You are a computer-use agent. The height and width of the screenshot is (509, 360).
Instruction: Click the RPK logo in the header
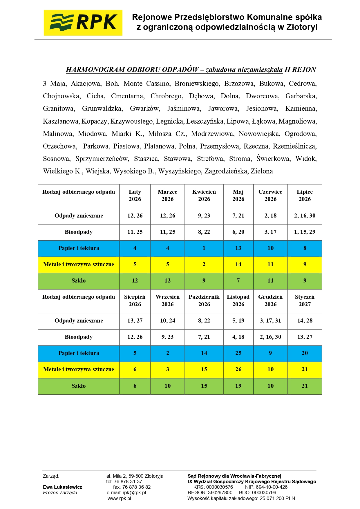[x=83, y=23]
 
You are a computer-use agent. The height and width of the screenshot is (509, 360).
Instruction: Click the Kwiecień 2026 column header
[x=204, y=195]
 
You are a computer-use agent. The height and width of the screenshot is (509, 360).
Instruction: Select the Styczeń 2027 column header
[x=305, y=300]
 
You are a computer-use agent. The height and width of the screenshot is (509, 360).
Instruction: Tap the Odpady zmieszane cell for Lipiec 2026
[x=305, y=215]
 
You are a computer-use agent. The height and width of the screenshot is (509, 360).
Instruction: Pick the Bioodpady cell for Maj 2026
[x=238, y=232]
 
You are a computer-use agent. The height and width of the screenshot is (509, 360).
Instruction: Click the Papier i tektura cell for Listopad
[x=238, y=353]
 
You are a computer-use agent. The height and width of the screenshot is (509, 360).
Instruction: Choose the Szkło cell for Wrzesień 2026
[x=167, y=386]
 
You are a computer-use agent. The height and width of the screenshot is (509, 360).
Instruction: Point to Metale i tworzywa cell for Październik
[x=204, y=369]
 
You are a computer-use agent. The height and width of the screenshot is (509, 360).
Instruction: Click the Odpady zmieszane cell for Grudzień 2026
[x=270, y=320]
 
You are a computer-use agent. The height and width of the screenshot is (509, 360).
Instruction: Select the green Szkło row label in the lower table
[x=79, y=386]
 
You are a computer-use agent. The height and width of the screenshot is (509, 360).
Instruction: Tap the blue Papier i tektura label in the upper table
[x=79, y=248]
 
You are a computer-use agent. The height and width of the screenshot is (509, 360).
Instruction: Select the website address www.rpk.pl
[x=119, y=498]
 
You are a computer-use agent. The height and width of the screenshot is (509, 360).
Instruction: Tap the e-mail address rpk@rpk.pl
[x=134, y=492]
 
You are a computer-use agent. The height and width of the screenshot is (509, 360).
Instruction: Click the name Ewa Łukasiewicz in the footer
[x=63, y=487]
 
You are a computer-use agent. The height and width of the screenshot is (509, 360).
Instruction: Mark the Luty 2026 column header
[x=135, y=195]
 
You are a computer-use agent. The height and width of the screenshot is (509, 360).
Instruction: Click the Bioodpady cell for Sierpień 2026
[x=135, y=337]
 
